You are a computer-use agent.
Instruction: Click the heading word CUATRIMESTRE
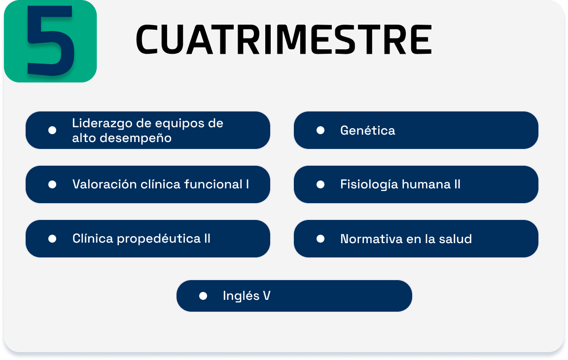(x=284, y=39)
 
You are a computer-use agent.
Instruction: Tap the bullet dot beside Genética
(x=320, y=130)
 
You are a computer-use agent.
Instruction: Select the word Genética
(x=367, y=130)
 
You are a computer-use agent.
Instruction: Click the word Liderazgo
(x=102, y=124)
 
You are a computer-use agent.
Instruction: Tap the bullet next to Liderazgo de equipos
(x=52, y=130)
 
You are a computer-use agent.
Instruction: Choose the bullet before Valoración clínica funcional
(x=52, y=185)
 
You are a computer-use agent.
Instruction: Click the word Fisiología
(x=369, y=185)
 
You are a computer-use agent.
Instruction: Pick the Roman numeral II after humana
(x=458, y=184)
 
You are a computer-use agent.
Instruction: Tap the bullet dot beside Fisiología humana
(x=320, y=185)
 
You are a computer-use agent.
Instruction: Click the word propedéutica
(x=159, y=239)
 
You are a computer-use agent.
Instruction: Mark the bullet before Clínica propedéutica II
(x=52, y=239)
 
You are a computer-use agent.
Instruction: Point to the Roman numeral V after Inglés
(x=267, y=295)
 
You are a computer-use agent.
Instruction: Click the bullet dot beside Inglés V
(x=203, y=296)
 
